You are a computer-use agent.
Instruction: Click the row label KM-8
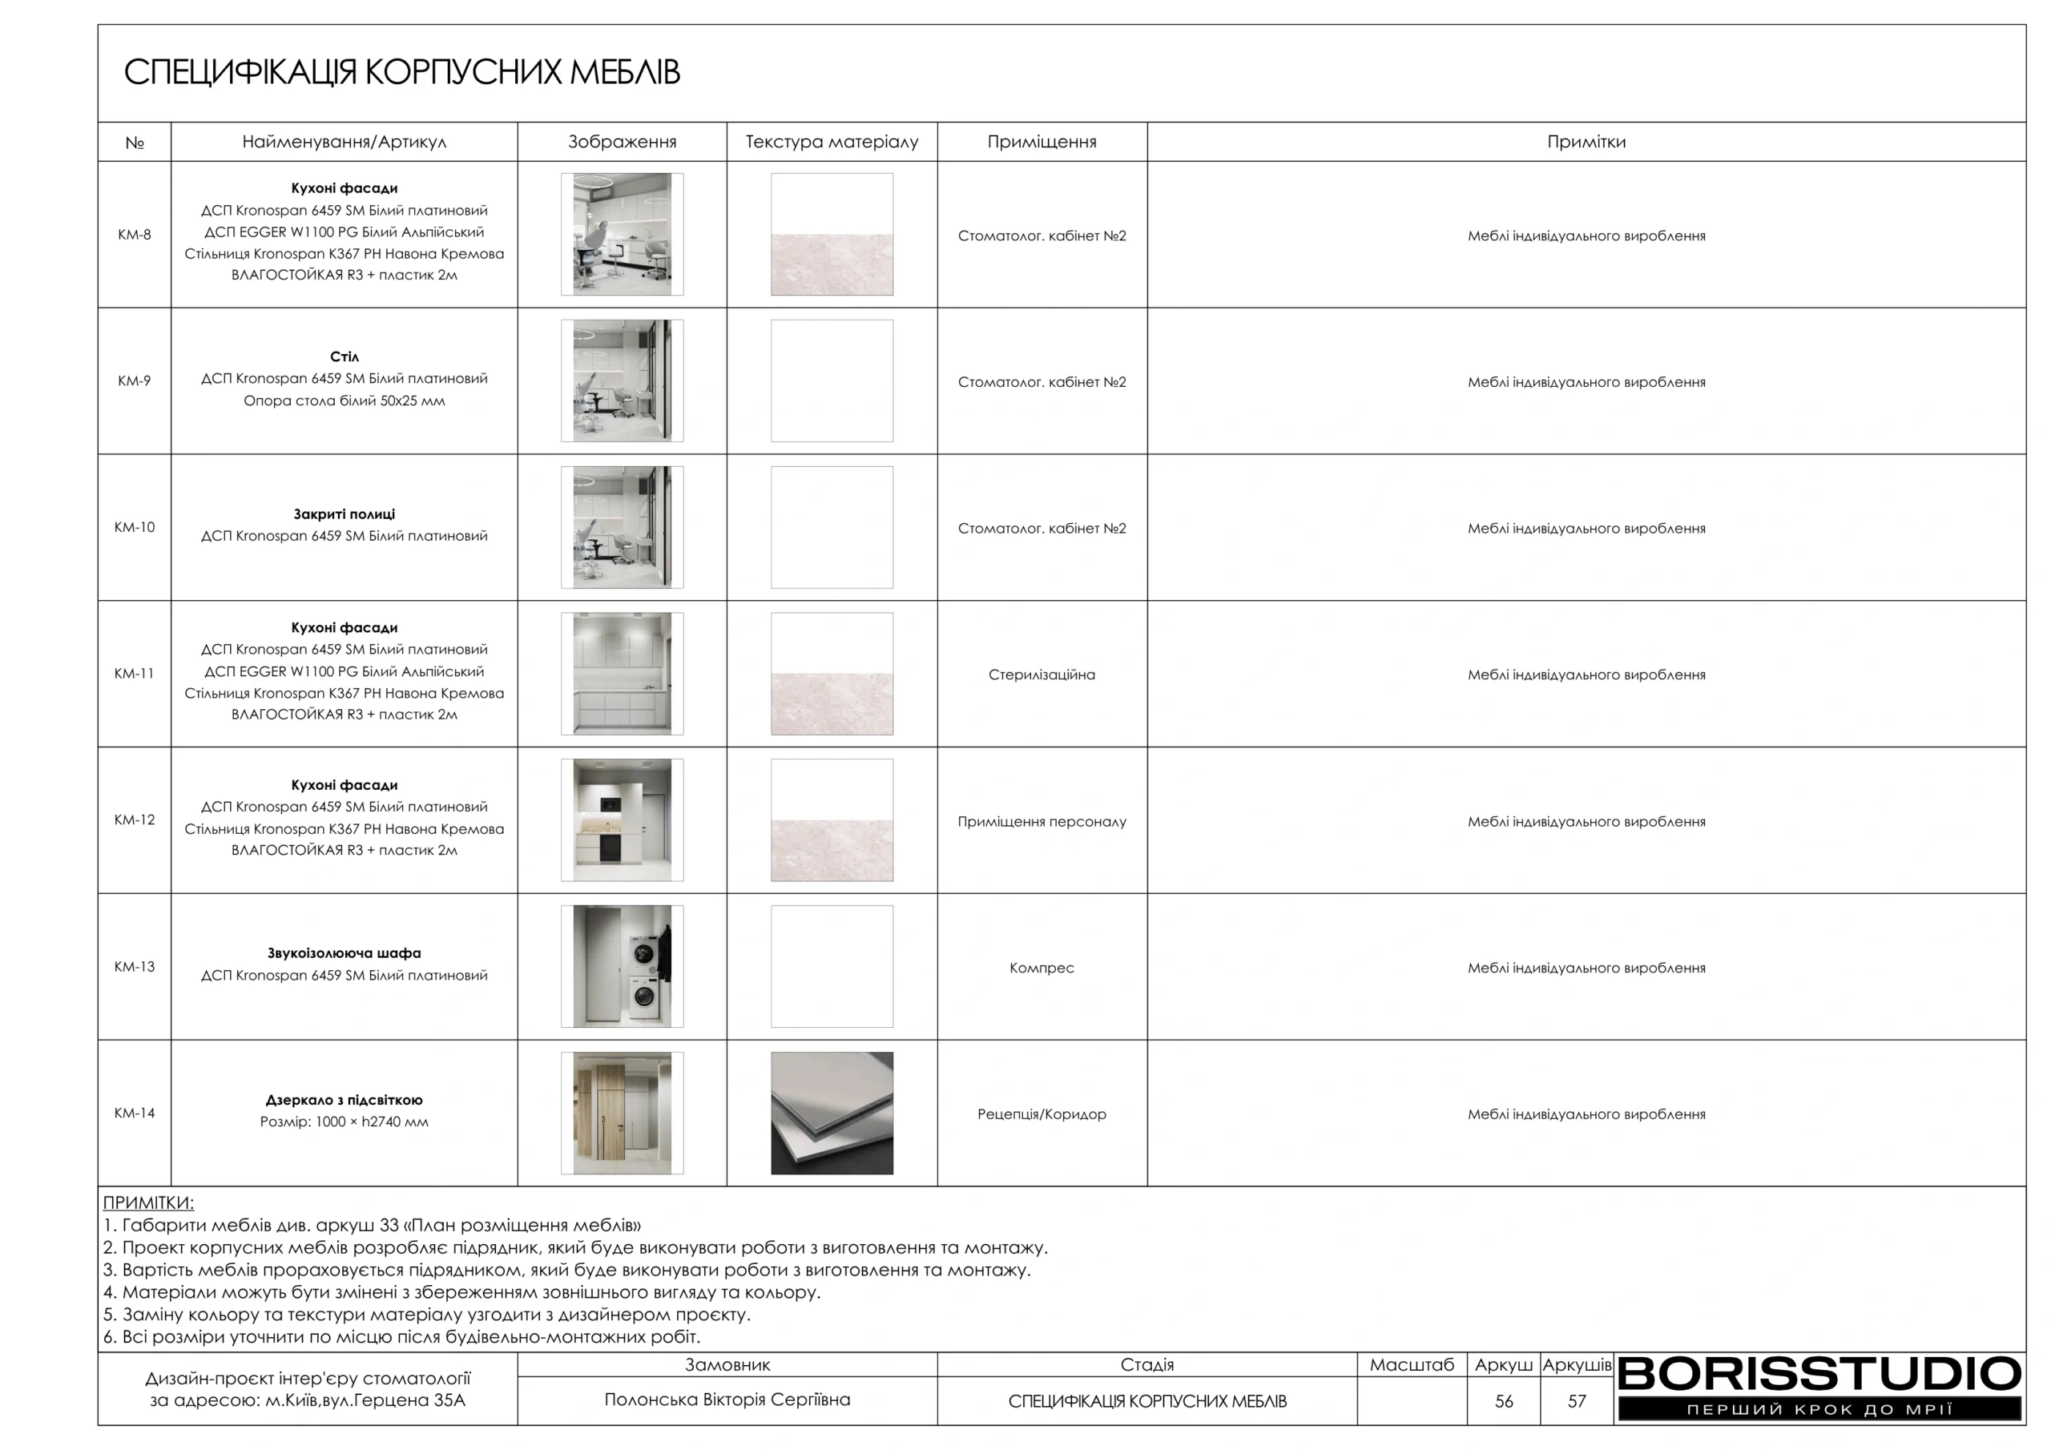point(134,235)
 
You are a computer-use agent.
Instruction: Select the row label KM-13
point(134,967)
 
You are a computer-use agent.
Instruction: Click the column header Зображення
point(622,142)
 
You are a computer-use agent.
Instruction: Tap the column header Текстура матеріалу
point(832,142)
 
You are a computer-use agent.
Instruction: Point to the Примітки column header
point(1586,142)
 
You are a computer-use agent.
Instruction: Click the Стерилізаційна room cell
point(1042,675)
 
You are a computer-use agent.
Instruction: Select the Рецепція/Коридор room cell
point(1042,1114)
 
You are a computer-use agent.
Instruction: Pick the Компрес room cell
point(1042,968)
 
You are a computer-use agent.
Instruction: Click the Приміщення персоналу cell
point(1042,821)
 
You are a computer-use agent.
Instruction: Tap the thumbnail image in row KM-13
point(622,967)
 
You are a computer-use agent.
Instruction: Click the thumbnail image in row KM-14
point(622,1114)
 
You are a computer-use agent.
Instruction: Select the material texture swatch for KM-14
point(832,1114)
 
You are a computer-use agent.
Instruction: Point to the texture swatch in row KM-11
point(832,674)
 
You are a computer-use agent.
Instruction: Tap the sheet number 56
point(1504,1401)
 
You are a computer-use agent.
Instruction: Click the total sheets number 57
point(1577,1401)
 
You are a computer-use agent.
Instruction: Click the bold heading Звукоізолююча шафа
point(344,953)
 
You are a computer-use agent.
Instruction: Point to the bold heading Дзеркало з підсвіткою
point(344,1100)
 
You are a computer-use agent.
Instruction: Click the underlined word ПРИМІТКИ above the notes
point(148,1202)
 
